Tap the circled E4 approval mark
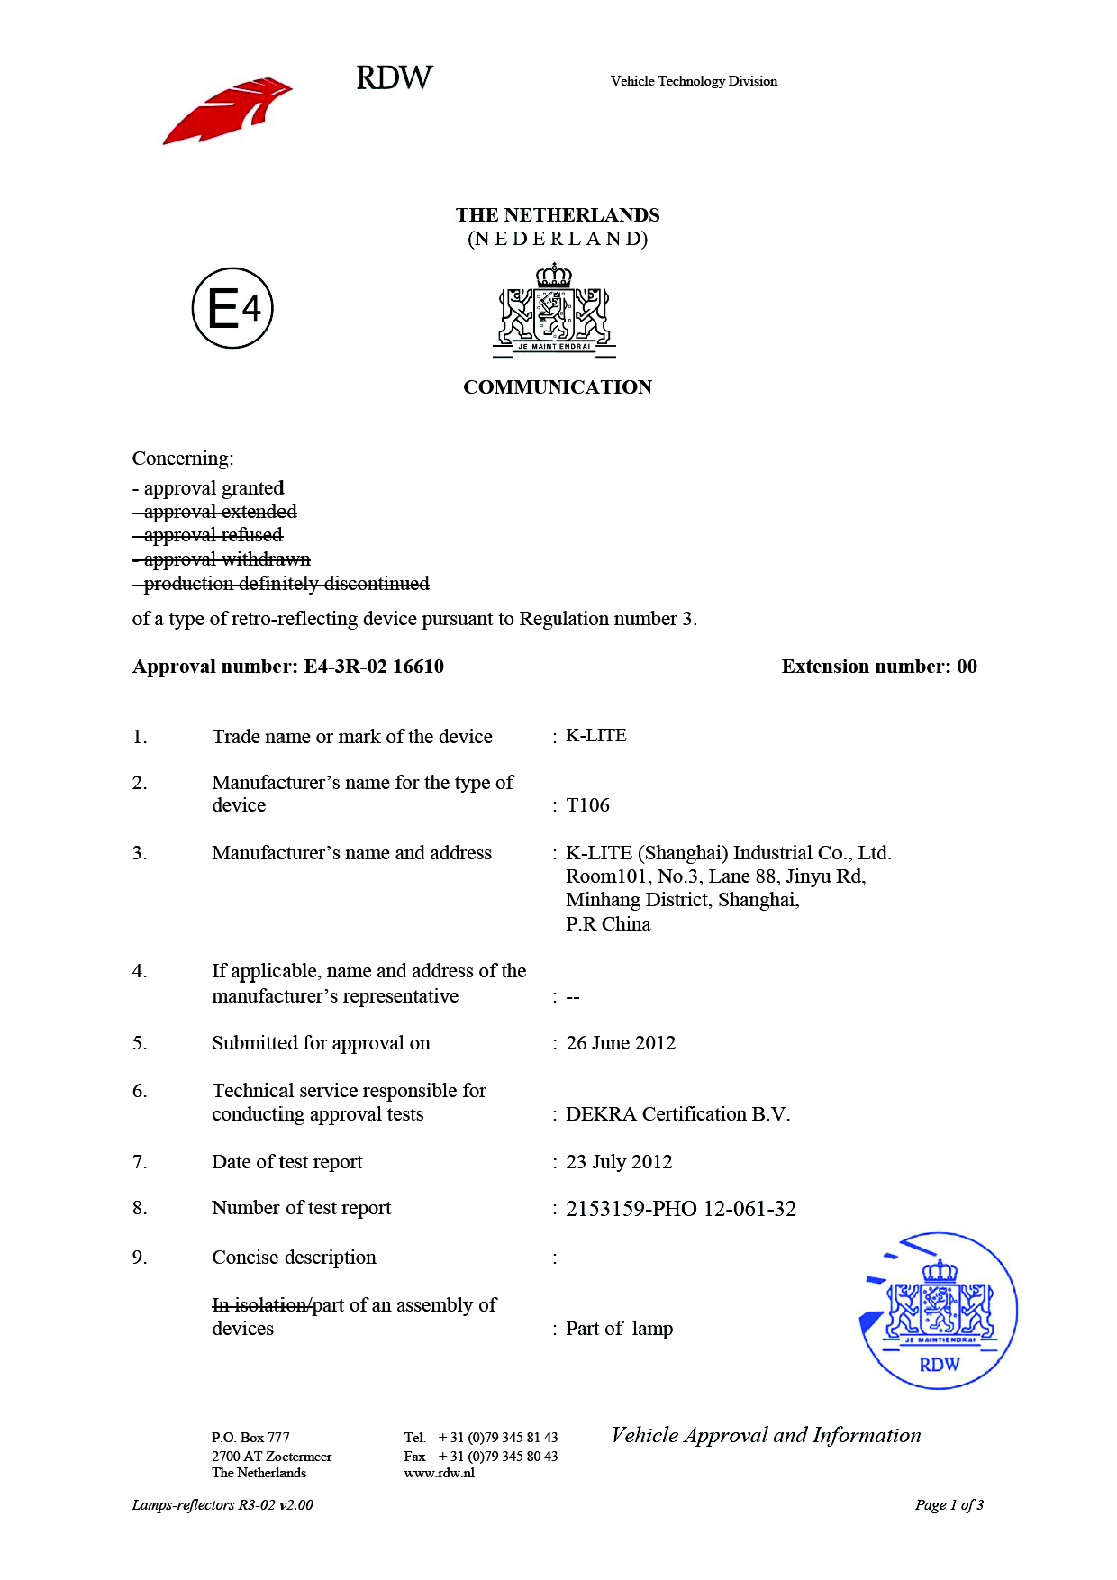coord(232,308)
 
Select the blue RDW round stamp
coord(939,1311)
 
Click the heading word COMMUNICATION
coord(558,387)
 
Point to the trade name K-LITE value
coord(595,736)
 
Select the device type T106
coord(587,805)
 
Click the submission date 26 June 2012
coord(621,1043)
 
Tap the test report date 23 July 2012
coord(619,1162)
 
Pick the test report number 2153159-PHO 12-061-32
coord(681,1209)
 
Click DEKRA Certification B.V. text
coord(677,1114)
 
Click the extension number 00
coord(967,667)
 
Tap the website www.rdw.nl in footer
coord(440,1473)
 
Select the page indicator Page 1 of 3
coord(949,1504)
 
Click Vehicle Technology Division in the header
coord(694,81)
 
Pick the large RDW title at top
coord(395,78)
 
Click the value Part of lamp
coord(619,1329)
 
